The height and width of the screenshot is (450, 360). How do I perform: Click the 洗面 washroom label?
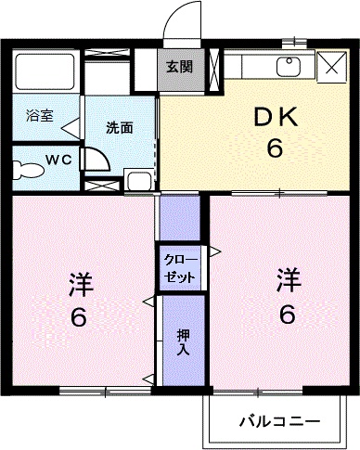(118, 128)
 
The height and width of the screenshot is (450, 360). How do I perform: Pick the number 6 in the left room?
(79, 317)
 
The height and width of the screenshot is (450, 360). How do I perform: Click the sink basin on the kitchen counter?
(288, 67)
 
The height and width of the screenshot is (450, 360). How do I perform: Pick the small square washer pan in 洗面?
(140, 180)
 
